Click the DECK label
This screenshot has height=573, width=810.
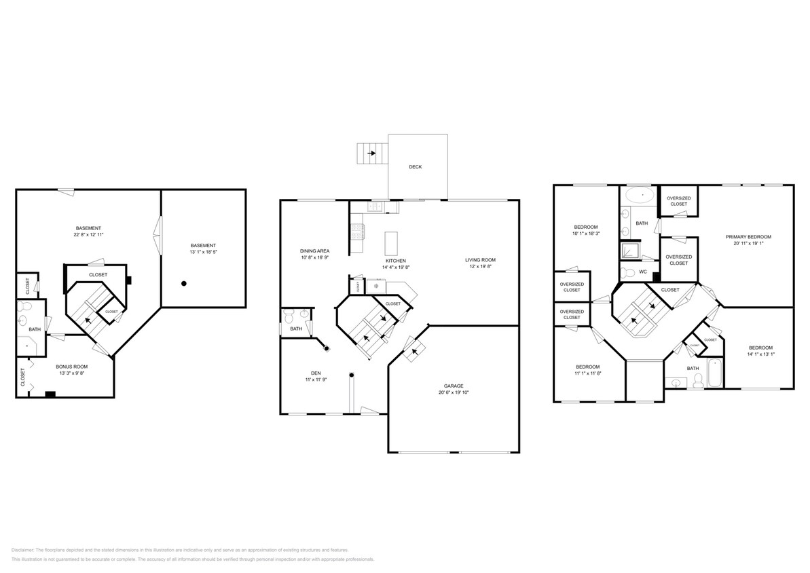tap(415, 166)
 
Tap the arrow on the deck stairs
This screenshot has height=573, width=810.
tap(371, 153)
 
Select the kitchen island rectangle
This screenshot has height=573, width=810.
tap(390, 242)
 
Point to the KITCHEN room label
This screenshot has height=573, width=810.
tap(396, 261)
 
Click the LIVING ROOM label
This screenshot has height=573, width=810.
tap(480, 260)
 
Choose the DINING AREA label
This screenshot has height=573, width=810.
tap(314, 251)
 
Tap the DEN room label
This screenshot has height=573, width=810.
tap(315, 373)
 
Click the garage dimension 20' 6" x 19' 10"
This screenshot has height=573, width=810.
tap(454, 392)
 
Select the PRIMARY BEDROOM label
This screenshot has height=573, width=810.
tap(748, 237)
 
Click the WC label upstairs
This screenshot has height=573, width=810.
tap(642, 272)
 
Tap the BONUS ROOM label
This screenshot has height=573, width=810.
tap(71, 366)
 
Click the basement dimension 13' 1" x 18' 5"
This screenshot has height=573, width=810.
tap(203, 252)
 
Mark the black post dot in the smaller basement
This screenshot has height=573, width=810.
tap(183, 283)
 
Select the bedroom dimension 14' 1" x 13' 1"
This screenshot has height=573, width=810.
tap(760, 354)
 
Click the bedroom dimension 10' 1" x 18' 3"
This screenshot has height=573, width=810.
tap(585, 234)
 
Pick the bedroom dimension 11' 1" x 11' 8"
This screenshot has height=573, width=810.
tap(587, 373)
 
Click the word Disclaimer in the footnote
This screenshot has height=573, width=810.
tap(22, 550)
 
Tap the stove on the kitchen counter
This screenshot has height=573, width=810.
tap(358, 231)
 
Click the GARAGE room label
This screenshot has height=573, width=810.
tap(454, 386)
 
